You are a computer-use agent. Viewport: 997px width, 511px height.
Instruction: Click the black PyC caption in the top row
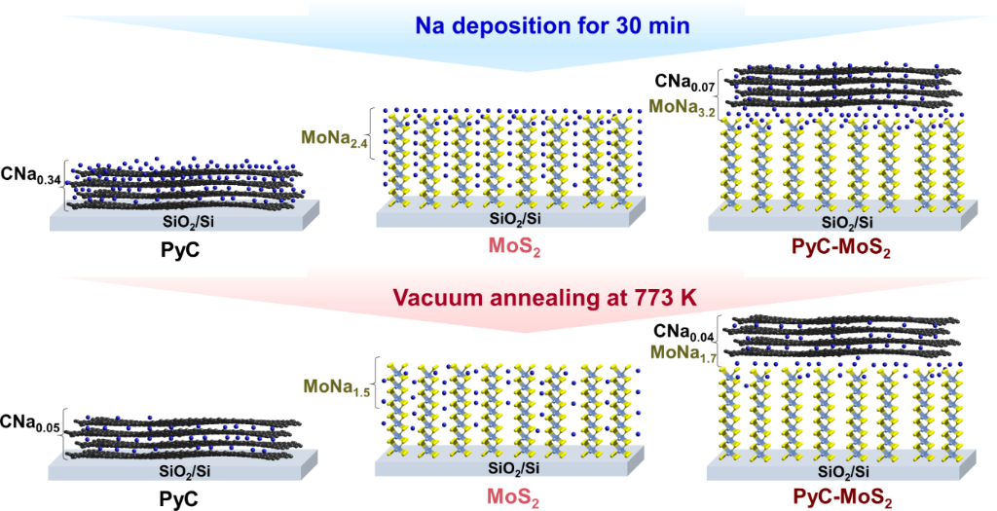[182, 249]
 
